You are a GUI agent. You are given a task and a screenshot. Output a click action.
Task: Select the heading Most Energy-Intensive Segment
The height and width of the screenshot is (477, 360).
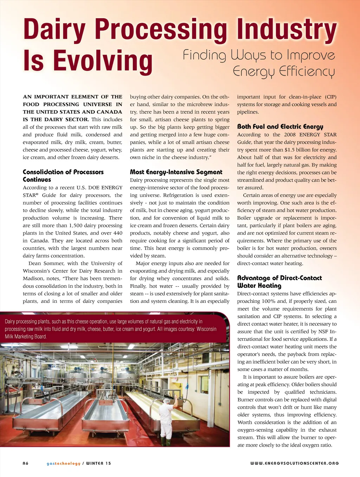pyautogui.click(x=176, y=172)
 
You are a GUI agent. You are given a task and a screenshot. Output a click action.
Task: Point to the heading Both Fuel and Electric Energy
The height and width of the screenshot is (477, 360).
pyautogui.click(x=280, y=127)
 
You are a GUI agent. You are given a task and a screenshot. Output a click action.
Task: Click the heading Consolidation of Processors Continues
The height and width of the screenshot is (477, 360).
pyautogui.click(x=63, y=176)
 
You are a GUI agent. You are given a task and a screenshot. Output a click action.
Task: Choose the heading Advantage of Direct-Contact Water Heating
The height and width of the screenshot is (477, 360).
pyautogui.click(x=279, y=282)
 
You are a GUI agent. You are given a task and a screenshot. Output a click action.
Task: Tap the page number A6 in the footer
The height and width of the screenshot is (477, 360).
pyautogui.click(x=26, y=463)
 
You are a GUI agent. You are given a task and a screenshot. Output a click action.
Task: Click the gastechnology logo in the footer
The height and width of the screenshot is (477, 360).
pyautogui.click(x=63, y=463)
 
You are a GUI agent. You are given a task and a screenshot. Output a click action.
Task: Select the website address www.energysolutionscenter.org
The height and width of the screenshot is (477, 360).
pyautogui.click(x=294, y=463)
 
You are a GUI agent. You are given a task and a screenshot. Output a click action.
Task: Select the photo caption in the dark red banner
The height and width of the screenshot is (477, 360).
pyautogui.click(x=111, y=329)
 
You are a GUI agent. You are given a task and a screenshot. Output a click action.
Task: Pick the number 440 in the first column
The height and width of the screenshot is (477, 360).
pyautogui.click(x=118, y=233)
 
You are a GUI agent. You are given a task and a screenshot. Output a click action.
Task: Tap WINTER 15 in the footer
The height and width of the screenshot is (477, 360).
pyautogui.click(x=98, y=463)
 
